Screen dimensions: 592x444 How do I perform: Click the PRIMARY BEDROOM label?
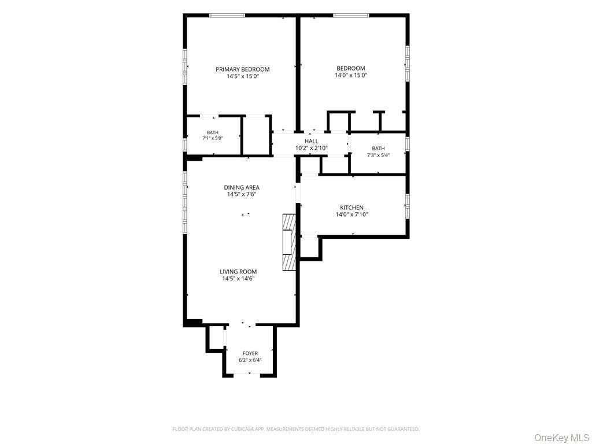tap(242, 69)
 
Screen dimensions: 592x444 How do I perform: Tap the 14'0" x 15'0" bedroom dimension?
tap(351, 75)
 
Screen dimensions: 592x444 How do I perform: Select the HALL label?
tap(311, 141)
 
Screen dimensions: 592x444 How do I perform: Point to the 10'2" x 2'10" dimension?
tap(311, 148)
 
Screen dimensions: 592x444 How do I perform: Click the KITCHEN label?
tap(351, 208)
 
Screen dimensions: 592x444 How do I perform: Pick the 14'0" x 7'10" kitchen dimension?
tap(351, 214)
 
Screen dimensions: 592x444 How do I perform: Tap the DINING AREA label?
tap(242, 188)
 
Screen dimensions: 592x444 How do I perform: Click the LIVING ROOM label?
tap(238, 272)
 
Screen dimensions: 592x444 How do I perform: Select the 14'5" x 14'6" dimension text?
tap(238, 279)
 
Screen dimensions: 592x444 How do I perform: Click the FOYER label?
tap(250, 353)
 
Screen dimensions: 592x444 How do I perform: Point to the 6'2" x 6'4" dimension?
tap(250, 360)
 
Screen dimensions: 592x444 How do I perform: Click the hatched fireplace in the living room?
tap(288, 242)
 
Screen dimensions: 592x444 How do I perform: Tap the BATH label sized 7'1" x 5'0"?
tap(213, 132)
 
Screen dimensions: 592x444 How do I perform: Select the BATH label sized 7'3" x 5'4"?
tap(378, 149)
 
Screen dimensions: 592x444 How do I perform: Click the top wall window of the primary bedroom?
tap(227, 16)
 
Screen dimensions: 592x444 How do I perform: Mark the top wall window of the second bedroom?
tap(351, 16)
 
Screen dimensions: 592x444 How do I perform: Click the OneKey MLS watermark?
tap(561, 438)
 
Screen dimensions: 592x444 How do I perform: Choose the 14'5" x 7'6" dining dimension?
tap(242, 194)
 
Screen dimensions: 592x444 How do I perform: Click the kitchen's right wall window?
tap(408, 206)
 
